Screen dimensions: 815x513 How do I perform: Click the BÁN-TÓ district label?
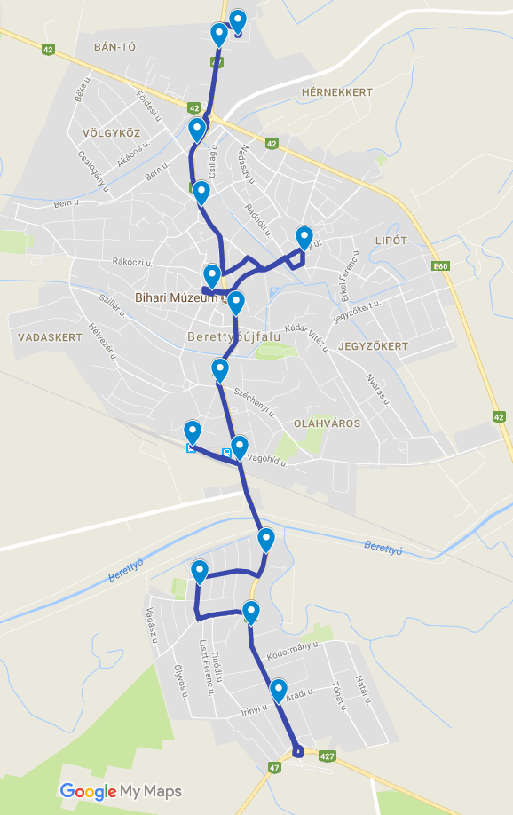(x=114, y=46)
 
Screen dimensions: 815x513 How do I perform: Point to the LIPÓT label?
(x=391, y=241)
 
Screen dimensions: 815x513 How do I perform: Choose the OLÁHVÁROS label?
(x=327, y=423)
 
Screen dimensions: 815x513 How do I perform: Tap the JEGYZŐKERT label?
(x=374, y=345)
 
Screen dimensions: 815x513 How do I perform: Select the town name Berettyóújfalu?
(x=233, y=337)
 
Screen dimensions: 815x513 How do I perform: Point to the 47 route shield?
(x=273, y=767)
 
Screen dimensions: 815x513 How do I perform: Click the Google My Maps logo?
(x=121, y=791)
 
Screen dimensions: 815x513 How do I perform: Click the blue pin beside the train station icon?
(x=193, y=432)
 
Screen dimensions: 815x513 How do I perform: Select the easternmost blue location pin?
(x=304, y=237)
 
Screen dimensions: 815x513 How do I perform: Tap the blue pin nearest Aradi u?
(x=279, y=690)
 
